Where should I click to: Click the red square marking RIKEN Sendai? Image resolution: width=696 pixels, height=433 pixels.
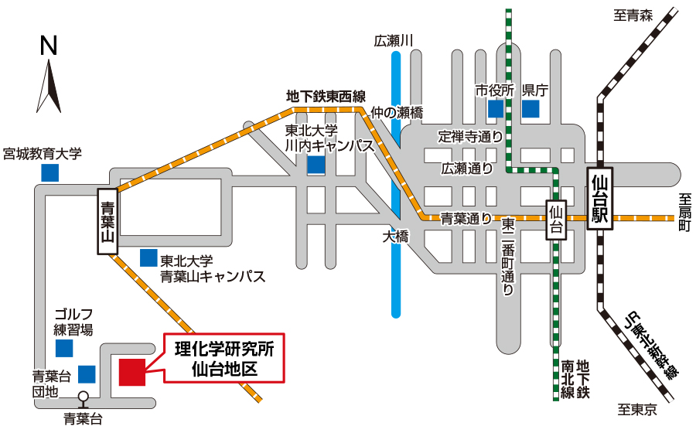(132, 371)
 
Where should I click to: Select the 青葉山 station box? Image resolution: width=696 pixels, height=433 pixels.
(107, 221)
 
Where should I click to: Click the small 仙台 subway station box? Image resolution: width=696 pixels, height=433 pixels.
(554, 220)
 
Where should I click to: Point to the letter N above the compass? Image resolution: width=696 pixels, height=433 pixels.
(49, 46)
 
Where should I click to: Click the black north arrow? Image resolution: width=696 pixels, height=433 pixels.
(49, 85)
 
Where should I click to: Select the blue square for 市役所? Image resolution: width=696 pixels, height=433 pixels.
(496, 108)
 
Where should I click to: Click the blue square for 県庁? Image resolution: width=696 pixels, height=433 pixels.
(530, 108)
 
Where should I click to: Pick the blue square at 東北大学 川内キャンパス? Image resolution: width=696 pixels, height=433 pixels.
(316, 164)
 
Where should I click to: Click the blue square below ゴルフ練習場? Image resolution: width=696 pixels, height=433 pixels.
(64, 348)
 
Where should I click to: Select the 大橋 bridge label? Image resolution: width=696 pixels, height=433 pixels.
(394, 237)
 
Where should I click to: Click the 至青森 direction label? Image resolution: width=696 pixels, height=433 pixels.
(634, 14)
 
